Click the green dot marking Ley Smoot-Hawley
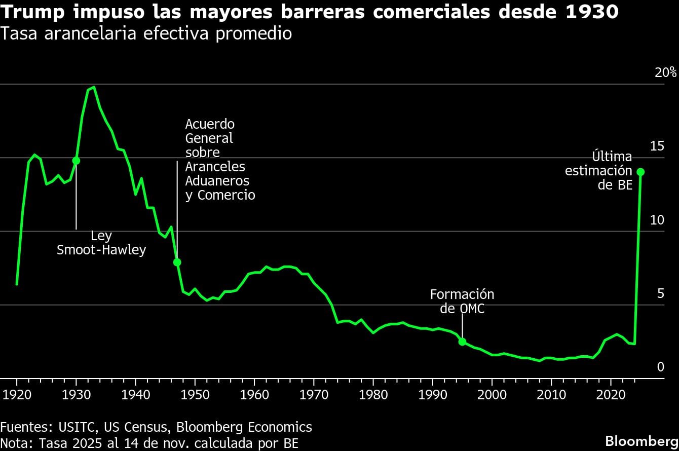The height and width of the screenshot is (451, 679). pyautogui.click(x=76, y=161)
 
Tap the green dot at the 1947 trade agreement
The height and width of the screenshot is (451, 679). pyautogui.click(x=177, y=262)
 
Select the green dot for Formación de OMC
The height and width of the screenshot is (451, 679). pyautogui.click(x=462, y=342)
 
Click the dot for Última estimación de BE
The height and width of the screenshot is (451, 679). pyautogui.click(x=640, y=172)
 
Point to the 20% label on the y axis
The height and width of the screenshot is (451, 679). pyautogui.click(x=665, y=72)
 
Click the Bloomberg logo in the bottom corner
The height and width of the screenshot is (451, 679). pyautogui.click(x=642, y=440)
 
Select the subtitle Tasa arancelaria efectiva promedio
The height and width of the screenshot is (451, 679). pyautogui.click(x=146, y=34)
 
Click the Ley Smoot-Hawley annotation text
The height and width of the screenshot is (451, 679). pyautogui.click(x=101, y=243)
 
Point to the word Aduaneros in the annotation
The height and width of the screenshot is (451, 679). pyautogui.click(x=217, y=181)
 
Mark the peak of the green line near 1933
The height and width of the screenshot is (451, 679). pyautogui.click(x=94, y=87)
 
